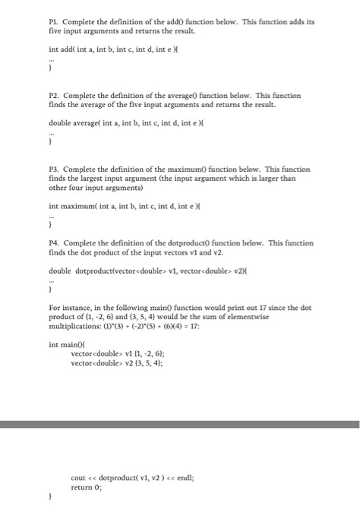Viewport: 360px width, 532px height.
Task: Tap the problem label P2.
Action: [54, 96]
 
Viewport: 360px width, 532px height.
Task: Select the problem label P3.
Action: [54, 169]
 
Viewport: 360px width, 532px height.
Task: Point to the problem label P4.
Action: [54, 242]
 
